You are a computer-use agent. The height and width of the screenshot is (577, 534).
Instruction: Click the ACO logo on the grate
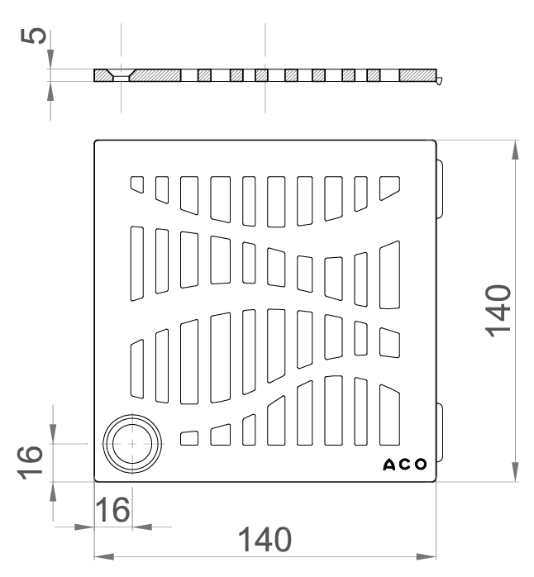pyautogui.click(x=405, y=465)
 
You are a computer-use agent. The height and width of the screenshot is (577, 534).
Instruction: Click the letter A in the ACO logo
pyautogui.click(x=389, y=465)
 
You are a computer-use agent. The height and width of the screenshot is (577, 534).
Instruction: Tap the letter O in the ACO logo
pyautogui.click(x=421, y=465)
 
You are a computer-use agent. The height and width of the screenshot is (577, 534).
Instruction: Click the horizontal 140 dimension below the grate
pyautogui.click(x=265, y=540)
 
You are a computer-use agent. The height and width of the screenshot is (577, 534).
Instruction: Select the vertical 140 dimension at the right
pyautogui.click(x=498, y=311)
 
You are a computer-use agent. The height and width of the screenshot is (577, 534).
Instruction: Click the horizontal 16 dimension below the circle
pyautogui.click(x=112, y=510)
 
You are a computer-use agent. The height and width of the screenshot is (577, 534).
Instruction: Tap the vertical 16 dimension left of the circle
pyautogui.click(x=31, y=463)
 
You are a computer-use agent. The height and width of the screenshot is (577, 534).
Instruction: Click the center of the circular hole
pyautogui.click(x=132, y=444)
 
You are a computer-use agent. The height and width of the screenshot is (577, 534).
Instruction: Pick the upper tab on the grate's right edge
pyautogui.click(x=440, y=189)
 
